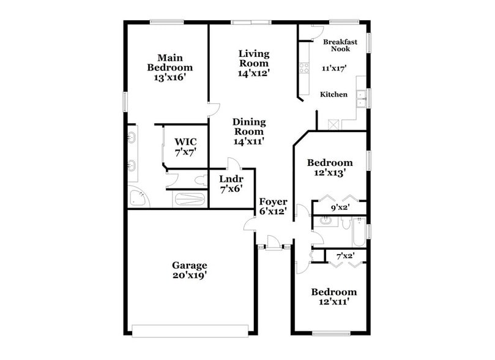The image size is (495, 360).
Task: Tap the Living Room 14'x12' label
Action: [253, 63]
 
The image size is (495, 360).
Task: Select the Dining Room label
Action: [248, 131]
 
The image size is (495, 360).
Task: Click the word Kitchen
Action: [334, 94]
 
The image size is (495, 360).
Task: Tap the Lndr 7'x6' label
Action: [231, 184]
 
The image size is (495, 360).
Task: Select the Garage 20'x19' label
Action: [189, 270]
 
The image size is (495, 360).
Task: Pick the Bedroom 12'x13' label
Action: [330, 167]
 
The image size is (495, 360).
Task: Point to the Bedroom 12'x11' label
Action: [333, 297]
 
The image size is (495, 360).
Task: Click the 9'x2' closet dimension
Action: [340, 208]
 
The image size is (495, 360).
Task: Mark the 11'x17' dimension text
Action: [334, 69]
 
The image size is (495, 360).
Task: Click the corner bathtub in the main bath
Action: [138, 198]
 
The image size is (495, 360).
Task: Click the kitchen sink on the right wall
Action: [362, 98]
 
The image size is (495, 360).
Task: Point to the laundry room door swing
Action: [233, 163]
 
